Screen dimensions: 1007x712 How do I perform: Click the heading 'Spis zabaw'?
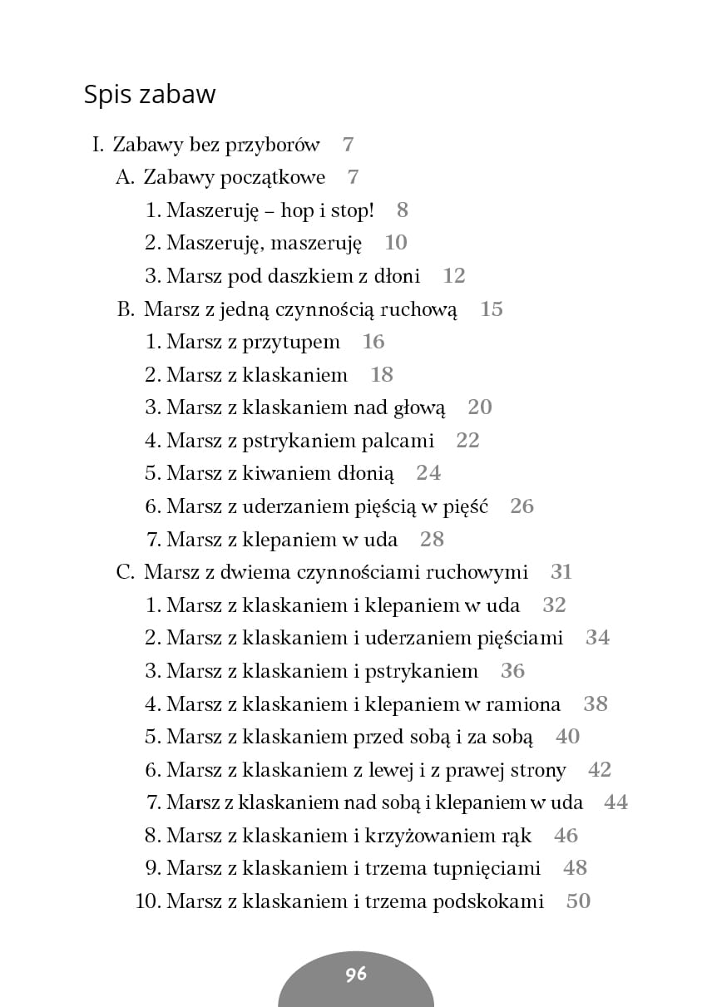point(150,94)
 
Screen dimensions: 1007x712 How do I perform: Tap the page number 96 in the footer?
point(356,975)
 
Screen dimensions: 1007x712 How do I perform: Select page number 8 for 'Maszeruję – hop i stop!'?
point(403,210)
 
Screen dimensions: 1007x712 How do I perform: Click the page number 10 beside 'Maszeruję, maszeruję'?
point(396,243)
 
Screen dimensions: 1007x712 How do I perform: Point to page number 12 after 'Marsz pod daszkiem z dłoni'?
point(454,276)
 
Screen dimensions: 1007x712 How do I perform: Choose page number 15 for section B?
point(492,309)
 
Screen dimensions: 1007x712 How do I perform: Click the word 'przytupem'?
point(291,343)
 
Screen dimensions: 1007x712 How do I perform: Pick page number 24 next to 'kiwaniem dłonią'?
point(428,473)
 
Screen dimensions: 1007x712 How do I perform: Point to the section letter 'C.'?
point(125,572)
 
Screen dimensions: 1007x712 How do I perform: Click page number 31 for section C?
point(561,572)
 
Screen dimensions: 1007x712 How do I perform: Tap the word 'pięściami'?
point(522,639)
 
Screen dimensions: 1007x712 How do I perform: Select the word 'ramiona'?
point(522,704)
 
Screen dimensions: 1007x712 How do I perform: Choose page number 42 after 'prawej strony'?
point(600,770)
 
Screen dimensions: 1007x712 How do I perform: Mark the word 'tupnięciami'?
point(487,868)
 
